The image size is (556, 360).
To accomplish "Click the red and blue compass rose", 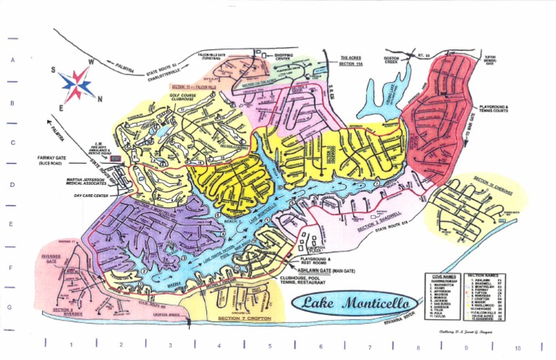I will [x=77, y=85].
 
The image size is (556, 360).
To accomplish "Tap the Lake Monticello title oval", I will [x=355, y=303].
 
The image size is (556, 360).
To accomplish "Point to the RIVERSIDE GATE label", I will [x=52, y=259].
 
